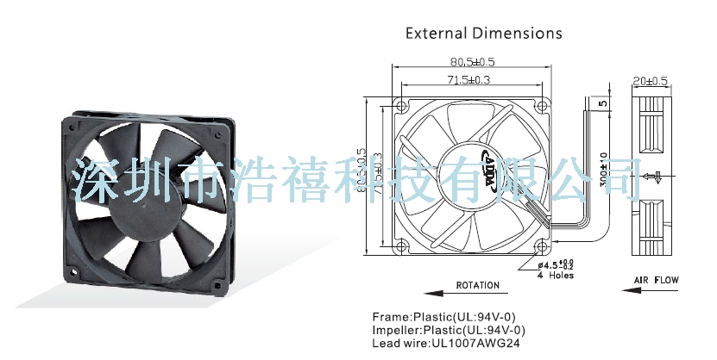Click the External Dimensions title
483,34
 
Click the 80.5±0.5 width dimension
470,62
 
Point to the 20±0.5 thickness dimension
651,81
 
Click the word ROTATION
477,285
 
